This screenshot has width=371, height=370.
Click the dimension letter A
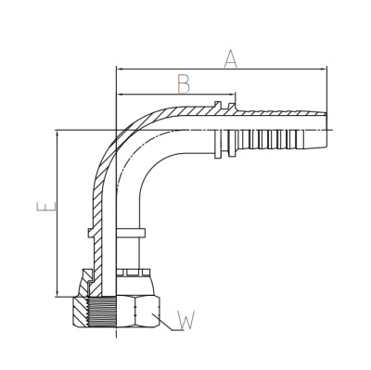(x=230, y=59)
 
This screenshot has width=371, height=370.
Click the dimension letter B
(x=185, y=83)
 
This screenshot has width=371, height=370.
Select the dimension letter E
(x=46, y=207)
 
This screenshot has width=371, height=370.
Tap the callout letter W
(x=186, y=321)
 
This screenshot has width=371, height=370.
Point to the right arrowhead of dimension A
(x=324, y=69)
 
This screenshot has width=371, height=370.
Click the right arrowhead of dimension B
(x=232, y=95)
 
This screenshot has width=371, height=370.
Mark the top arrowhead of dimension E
(x=58, y=134)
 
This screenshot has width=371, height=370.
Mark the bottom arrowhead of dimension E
(x=58, y=293)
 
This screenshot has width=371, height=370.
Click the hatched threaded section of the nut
(x=81, y=312)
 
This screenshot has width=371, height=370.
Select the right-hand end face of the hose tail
(x=326, y=130)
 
